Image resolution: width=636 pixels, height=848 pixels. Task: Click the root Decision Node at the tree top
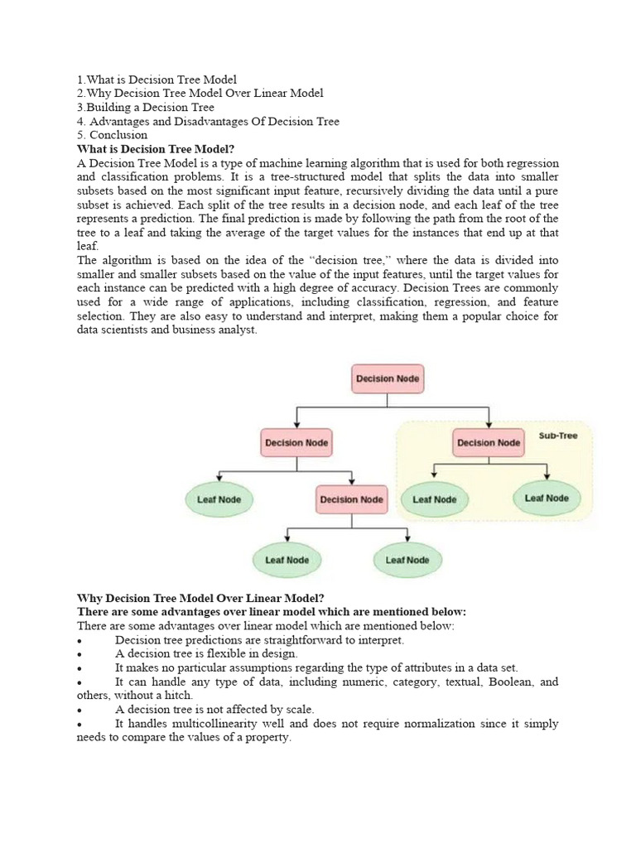coord(388,379)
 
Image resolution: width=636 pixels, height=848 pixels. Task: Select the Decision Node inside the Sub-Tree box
coord(488,442)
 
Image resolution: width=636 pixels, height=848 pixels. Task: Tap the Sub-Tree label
coord(558,436)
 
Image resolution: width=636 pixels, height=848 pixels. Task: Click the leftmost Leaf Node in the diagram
coord(219,499)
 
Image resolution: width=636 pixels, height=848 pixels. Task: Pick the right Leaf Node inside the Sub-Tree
coord(547,499)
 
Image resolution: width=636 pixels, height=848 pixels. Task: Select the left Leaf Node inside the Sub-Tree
coord(435,499)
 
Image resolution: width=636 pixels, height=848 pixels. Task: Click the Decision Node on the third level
coord(351,499)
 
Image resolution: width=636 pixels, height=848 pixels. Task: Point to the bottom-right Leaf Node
coord(407,560)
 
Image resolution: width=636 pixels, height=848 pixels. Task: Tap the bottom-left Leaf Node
coord(287,560)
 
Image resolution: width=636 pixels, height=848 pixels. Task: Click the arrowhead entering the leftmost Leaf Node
coord(219,478)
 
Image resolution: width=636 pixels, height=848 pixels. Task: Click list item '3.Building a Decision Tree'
coord(146,107)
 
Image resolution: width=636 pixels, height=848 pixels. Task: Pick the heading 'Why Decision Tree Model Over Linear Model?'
coord(200,598)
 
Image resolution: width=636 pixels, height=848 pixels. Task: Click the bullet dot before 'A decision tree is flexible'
coord(79,654)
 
